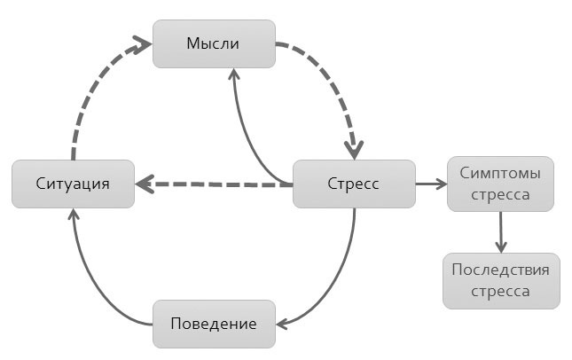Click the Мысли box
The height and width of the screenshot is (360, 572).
tap(214, 43)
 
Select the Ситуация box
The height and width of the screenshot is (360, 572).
tap(73, 184)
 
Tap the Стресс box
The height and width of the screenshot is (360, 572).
tap(354, 184)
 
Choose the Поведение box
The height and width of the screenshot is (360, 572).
tap(214, 324)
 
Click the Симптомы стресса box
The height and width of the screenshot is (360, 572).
tap(501, 184)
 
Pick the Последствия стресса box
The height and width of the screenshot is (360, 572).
tap(501, 280)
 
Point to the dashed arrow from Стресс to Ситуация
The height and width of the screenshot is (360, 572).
tap(222, 185)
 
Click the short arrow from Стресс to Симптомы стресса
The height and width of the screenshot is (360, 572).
tap(430, 184)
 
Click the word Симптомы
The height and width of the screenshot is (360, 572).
tap(501, 175)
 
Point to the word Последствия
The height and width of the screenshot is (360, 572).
tap(501, 270)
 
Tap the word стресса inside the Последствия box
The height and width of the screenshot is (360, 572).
tap(501, 290)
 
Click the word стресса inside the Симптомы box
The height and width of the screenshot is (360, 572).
tap(501, 195)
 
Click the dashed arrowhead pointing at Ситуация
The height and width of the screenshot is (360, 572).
tap(144, 185)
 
